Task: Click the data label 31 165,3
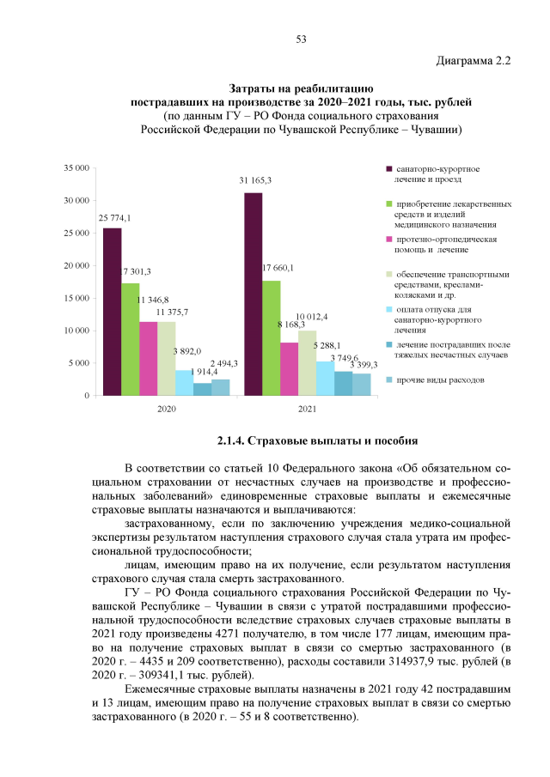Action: pyautogui.click(x=255, y=180)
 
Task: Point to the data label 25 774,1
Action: pyautogui.click(x=114, y=216)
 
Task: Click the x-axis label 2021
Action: pyautogui.click(x=307, y=409)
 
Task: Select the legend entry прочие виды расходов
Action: pyautogui.click(x=439, y=379)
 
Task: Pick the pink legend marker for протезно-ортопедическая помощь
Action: pyautogui.click(x=389, y=239)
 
